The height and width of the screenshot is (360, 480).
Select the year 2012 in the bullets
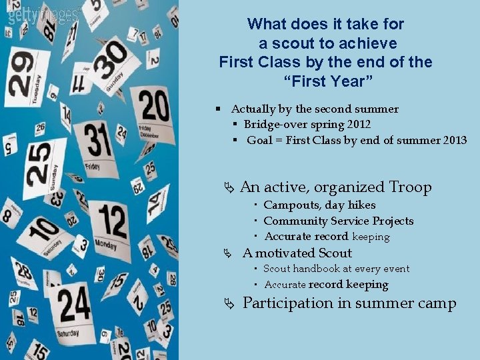(355, 125)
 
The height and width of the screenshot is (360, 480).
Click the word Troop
(410, 187)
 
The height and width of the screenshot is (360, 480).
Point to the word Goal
(260, 141)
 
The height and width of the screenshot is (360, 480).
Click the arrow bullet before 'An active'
(230, 188)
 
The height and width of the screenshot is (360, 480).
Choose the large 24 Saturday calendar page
(73, 307)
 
